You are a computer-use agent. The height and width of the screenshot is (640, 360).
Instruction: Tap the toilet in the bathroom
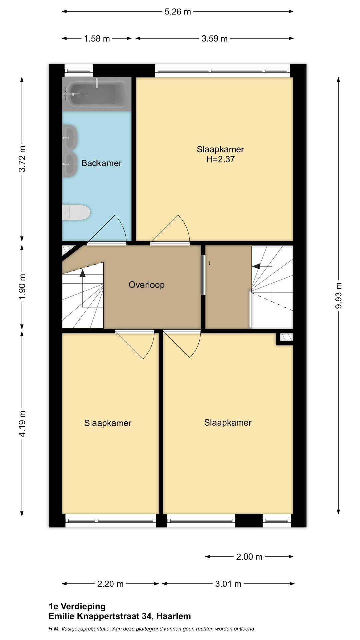tap(76, 212)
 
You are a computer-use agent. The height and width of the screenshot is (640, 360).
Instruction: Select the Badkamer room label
tap(101, 163)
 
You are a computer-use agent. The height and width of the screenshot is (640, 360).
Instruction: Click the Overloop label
tap(147, 285)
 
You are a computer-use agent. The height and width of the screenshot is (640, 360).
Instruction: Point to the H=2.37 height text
tap(220, 159)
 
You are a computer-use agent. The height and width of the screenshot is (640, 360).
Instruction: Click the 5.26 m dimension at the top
tap(178, 12)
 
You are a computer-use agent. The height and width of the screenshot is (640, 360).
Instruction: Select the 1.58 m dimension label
tap(97, 39)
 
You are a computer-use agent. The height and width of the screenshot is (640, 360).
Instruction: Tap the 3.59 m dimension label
tap(214, 39)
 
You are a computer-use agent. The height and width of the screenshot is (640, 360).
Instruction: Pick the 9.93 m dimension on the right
tap(339, 295)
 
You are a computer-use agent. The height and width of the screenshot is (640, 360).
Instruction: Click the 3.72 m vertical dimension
tap(22, 159)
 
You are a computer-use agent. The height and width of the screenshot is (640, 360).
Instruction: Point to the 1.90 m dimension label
tap(22, 287)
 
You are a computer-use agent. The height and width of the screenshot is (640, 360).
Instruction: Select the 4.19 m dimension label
tap(22, 424)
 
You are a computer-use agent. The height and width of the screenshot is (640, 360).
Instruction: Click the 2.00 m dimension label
tap(249, 557)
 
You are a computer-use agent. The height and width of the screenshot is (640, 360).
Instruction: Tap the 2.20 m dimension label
tap(110, 584)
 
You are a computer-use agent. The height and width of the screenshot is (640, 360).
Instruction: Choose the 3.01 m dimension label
tap(228, 584)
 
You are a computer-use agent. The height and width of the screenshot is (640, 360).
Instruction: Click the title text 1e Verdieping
tap(77, 606)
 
